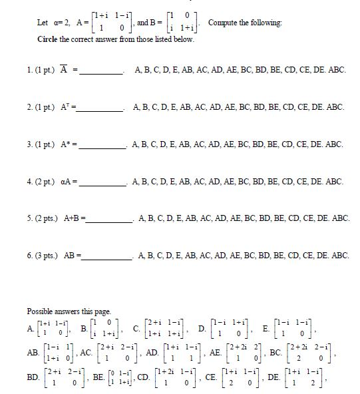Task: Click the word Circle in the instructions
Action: coord(49,39)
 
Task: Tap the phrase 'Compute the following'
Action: coord(245,23)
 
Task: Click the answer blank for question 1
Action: coord(100,72)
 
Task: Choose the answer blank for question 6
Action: coord(108,256)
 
